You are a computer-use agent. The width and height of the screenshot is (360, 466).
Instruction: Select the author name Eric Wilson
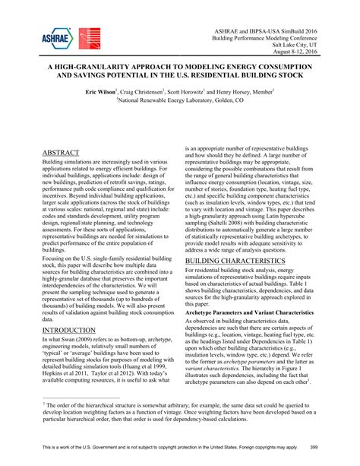click(100, 90)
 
